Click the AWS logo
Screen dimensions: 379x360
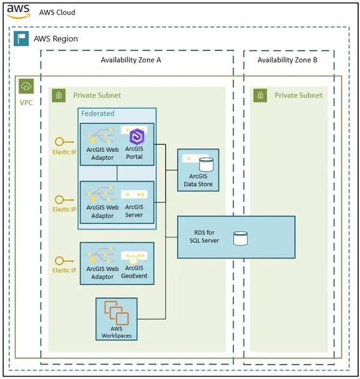coord(19,12)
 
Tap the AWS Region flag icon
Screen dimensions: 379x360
coord(22,39)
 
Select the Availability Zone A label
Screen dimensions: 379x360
coord(131,60)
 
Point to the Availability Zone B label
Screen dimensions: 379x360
coord(287,60)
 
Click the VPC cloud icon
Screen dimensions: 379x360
coord(26,86)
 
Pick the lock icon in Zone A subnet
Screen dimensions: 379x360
coord(58,96)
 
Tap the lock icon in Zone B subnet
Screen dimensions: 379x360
coord(260,96)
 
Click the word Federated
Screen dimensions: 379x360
coord(98,113)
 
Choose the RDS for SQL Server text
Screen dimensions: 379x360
coord(202,236)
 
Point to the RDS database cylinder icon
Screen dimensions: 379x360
coord(241,238)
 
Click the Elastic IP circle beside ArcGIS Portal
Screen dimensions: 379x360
coord(59,142)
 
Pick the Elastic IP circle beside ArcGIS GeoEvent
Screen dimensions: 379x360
coord(59,261)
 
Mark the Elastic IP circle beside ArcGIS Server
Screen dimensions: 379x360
coord(59,199)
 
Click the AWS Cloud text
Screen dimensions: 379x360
coord(58,12)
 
